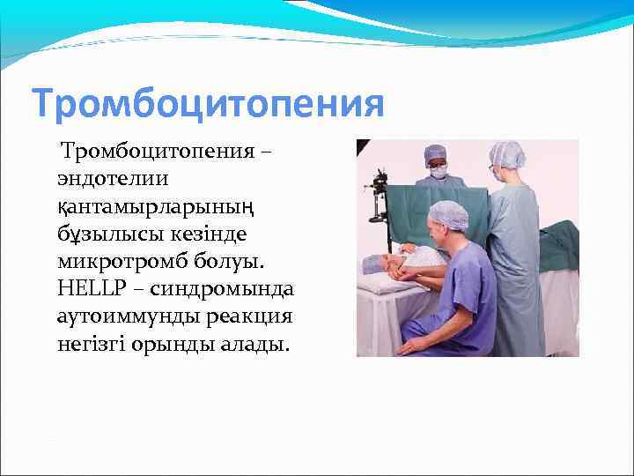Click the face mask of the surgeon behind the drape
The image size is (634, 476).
tap(438, 171)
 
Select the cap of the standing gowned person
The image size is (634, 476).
tap(508, 155)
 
